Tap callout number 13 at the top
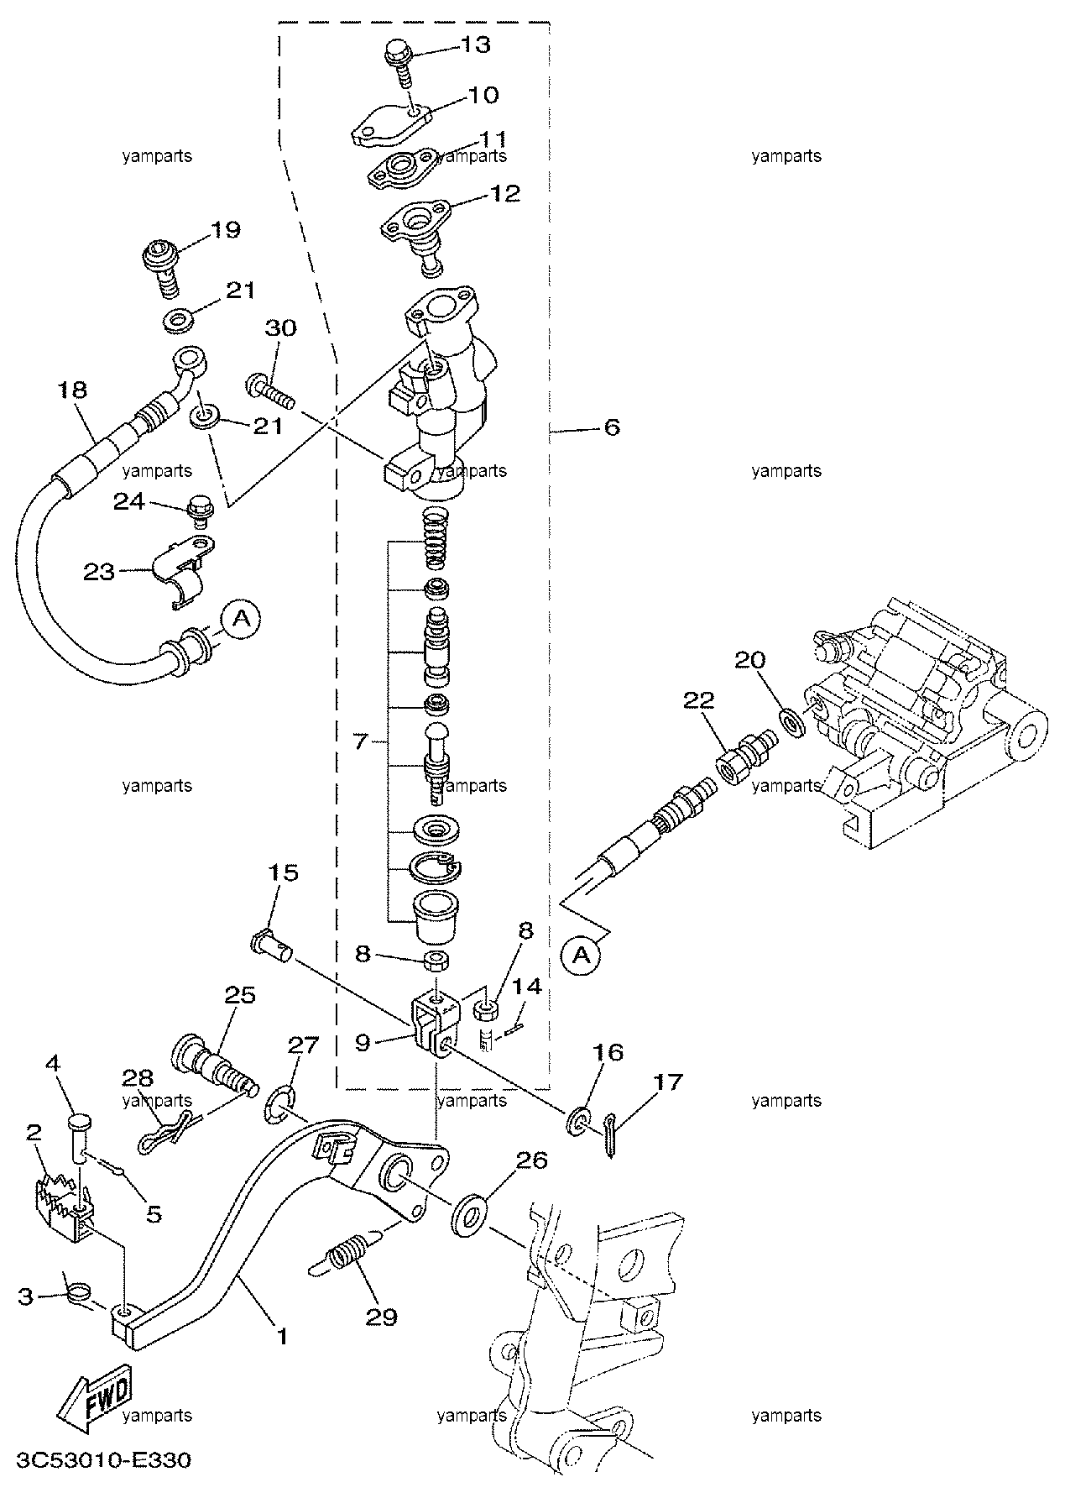475,45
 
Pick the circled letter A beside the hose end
241,620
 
